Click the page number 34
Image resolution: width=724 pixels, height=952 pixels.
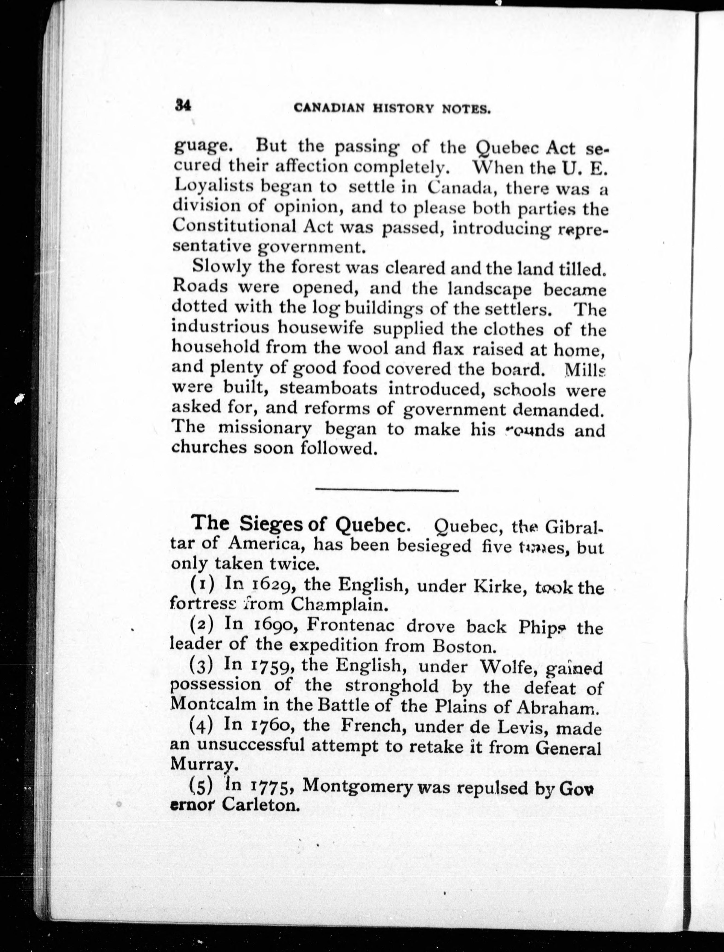[x=183, y=105]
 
